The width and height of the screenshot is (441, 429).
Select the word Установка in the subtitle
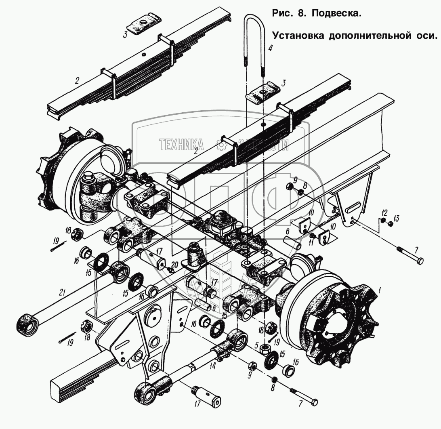(x=298, y=35)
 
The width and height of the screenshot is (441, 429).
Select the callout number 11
(x=311, y=242)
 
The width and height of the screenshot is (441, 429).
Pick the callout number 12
(x=384, y=212)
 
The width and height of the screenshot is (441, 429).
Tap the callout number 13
(x=396, y=219)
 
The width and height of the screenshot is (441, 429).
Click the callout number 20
(x=174, y=265)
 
